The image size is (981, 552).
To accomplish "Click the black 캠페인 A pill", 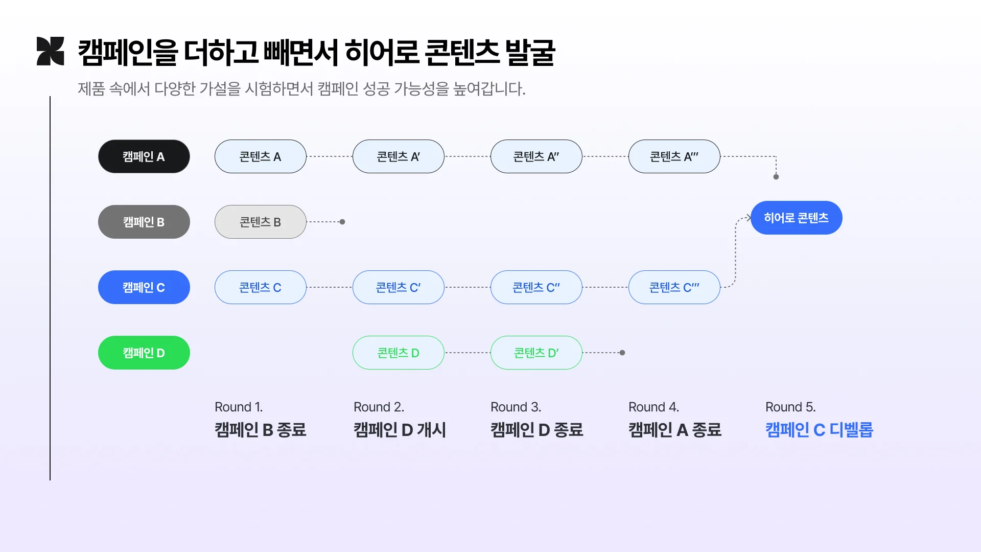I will click(144, 156).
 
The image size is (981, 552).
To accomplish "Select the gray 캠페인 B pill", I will click(144, 222).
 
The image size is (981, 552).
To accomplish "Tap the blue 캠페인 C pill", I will click(144, 287).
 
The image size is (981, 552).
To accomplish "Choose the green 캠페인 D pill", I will click(144, 353).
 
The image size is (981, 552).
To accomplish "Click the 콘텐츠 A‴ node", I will click(674, 156).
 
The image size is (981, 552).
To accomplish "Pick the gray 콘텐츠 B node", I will click(260, 222).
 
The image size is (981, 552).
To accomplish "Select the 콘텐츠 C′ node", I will click(398, 287).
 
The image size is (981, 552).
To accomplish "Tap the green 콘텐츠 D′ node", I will click(536, 353).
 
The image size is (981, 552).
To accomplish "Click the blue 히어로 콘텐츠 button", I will click(796, 218).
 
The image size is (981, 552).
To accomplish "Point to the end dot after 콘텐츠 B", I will click(342, 222).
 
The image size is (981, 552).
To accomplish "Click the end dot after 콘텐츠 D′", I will click(622, 353).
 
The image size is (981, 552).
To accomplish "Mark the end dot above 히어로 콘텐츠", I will click(776, 177).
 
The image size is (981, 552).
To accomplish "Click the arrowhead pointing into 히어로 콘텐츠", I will click(748, 218).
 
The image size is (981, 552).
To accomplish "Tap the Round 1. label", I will click(239, 407).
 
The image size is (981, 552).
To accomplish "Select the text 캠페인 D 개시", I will click(400, 430).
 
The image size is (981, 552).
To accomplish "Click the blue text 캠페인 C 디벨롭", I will click(819, 430).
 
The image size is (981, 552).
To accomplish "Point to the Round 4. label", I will click(653, 407).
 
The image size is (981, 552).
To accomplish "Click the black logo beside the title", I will click(50, 51).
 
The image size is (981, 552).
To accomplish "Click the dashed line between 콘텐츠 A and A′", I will click(330, 156).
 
